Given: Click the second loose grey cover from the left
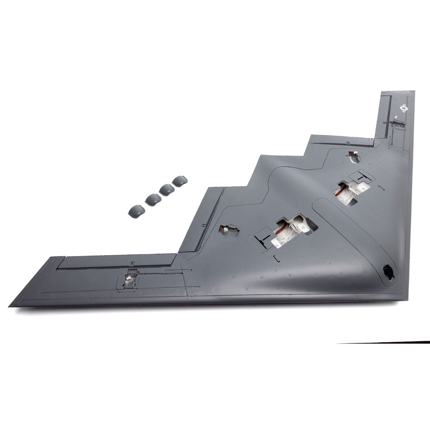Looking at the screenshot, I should point(153,200).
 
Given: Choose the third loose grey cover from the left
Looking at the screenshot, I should point(166,189).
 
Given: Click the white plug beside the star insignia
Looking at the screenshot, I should point(396,119).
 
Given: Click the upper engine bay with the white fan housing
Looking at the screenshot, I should point(349,192).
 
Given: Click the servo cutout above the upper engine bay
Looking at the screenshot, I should point(354,157).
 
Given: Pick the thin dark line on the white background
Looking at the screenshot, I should point(383,343).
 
